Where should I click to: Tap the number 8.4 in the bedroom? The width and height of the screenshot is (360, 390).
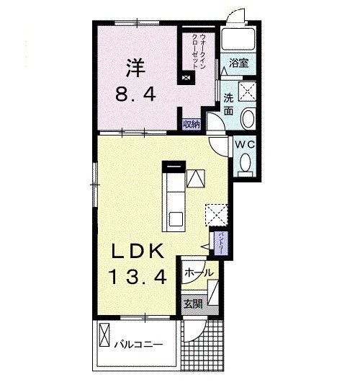[135, 94]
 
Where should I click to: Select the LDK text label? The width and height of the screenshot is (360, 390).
[138, 251]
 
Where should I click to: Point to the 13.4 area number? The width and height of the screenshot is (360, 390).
[138, 277]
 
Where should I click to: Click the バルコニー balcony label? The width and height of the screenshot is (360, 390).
[138, 345]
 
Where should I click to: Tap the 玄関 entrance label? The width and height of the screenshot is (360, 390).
[193, 303]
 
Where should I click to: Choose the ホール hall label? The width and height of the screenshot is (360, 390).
[199, 272]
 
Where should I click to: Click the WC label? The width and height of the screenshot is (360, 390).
[246, 144]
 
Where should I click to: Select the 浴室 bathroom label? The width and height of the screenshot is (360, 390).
[238, 63]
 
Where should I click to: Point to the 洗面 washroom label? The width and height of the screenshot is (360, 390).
[228, 105]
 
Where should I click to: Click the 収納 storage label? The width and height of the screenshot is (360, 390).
[192, 124]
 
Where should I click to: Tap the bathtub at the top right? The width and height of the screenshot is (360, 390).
[238, 40]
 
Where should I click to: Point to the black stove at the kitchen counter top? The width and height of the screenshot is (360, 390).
[174, 166]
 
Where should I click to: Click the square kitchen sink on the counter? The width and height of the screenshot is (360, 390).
[176, 219]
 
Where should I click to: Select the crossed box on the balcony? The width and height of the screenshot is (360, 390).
[104, 334]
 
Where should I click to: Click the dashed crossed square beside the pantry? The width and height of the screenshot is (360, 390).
[217, 215]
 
